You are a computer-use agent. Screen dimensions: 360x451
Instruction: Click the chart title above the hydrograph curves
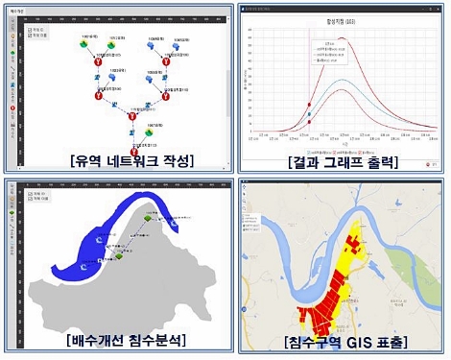[343, 19]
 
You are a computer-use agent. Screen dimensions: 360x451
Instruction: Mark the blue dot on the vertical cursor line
[309, 122]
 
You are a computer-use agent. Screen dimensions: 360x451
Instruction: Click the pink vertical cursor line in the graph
[309, 86]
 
